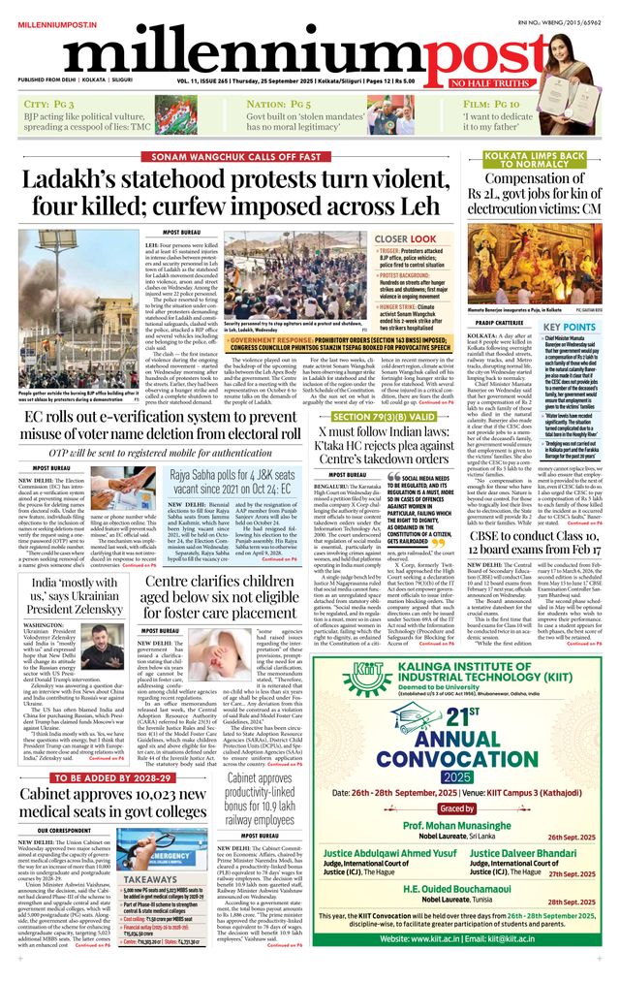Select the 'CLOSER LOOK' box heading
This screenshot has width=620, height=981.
[x=404, y=238]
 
